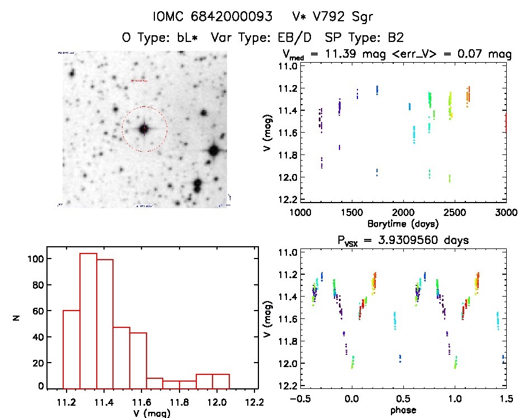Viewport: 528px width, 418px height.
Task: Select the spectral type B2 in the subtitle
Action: click(x=397, y=37)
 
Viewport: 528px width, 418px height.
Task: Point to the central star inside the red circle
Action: click(x=144, y=129)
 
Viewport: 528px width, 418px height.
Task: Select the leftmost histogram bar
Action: click(x=72, y=349)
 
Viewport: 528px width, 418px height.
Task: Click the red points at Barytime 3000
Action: click(x=505, y=123)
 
